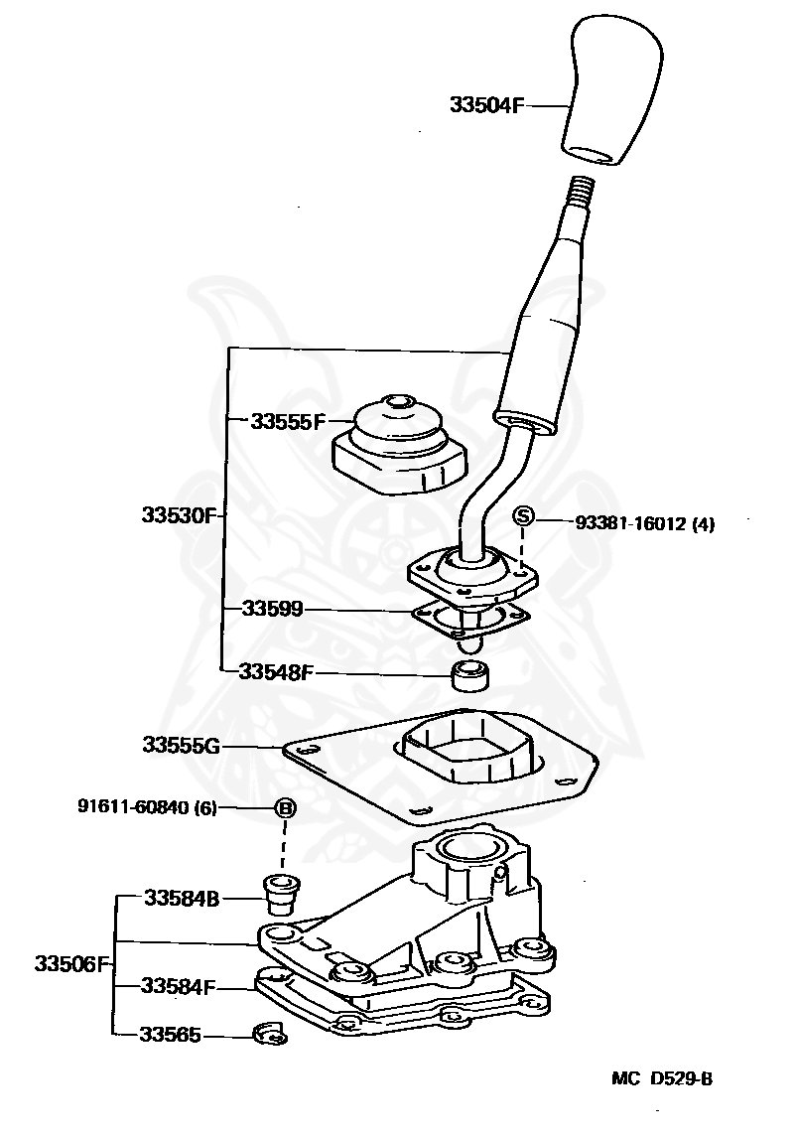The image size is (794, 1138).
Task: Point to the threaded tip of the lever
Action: coord(584,188)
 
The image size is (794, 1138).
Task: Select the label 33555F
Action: coord(287,421)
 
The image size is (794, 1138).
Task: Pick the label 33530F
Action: coord(178,515)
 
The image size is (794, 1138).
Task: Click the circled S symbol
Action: coord(524,516)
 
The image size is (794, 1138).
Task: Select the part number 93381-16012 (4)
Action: coord(644,522)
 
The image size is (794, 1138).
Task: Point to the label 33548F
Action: coord(275,672)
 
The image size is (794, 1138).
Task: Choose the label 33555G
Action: coord(180,745)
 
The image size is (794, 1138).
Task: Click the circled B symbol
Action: coord(285,808)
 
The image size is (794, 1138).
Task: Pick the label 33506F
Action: coord(69,963)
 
